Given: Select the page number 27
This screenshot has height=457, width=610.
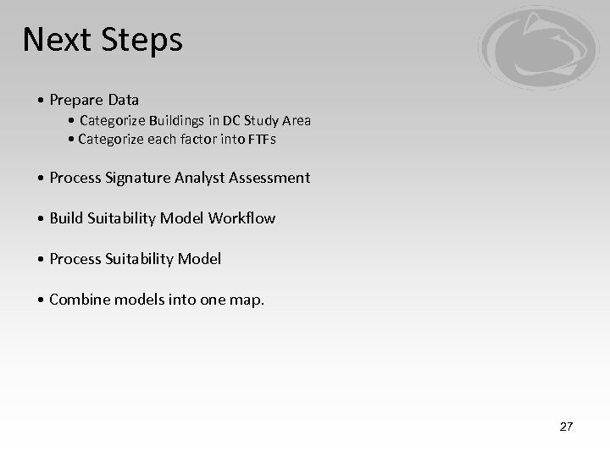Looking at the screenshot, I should pos(566,427).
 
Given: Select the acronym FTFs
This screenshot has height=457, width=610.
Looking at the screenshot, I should pos(261,140).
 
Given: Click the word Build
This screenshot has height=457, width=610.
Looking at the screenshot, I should pos(66,218).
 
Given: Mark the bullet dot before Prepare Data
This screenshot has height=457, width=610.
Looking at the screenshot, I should pos(42,101).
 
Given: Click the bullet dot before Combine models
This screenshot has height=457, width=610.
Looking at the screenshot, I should pos(42,300).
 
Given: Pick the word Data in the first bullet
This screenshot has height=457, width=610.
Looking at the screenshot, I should pos(124,101).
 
